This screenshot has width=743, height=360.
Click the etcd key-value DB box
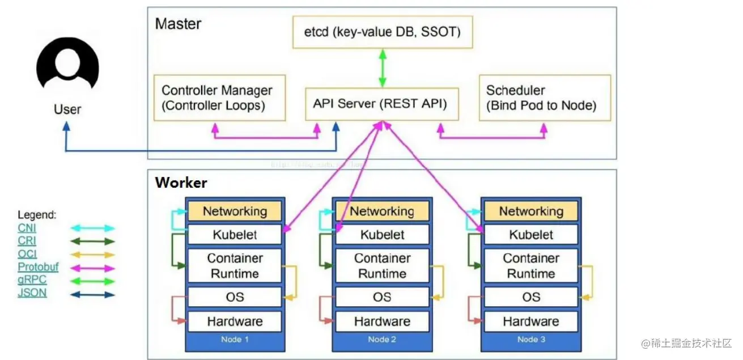pos(383,32)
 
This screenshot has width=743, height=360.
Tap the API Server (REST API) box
pos(380,104)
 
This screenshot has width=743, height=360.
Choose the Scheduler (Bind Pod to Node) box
pos(545,98)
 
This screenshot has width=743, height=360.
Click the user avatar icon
pos(67,64)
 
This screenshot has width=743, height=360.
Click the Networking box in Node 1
pos(235,211)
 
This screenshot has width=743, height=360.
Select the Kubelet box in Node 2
pos(382,235)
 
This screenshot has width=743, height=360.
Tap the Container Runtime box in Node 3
pos(530,266)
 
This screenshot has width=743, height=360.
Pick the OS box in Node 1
pos(235,297)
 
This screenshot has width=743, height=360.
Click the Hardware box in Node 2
pos(382,321)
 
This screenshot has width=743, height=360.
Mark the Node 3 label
pos(530,340)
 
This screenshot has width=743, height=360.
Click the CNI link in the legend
pos(27,228)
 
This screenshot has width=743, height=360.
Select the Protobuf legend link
pos(38,267)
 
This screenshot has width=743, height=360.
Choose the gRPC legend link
pos(32,280)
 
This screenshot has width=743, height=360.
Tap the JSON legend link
pos(32,293)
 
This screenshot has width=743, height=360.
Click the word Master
pos(178,24)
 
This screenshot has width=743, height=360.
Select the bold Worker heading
pos(181,183)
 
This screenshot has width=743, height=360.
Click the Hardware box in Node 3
pos(530,321)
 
